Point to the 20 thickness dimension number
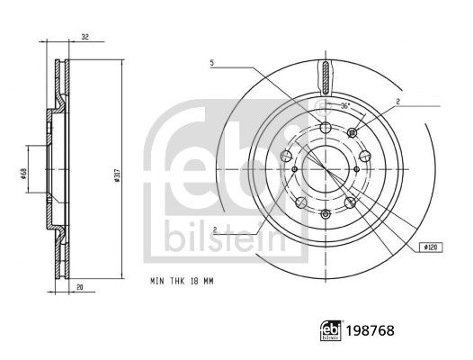coord(80,288)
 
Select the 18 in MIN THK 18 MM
coord(196,283)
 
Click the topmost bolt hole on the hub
coord(323,127)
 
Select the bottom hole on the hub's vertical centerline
coord(323,213)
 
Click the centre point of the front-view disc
coord(323,169)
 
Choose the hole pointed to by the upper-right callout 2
coord(352,134)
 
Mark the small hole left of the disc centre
coord(294,169)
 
